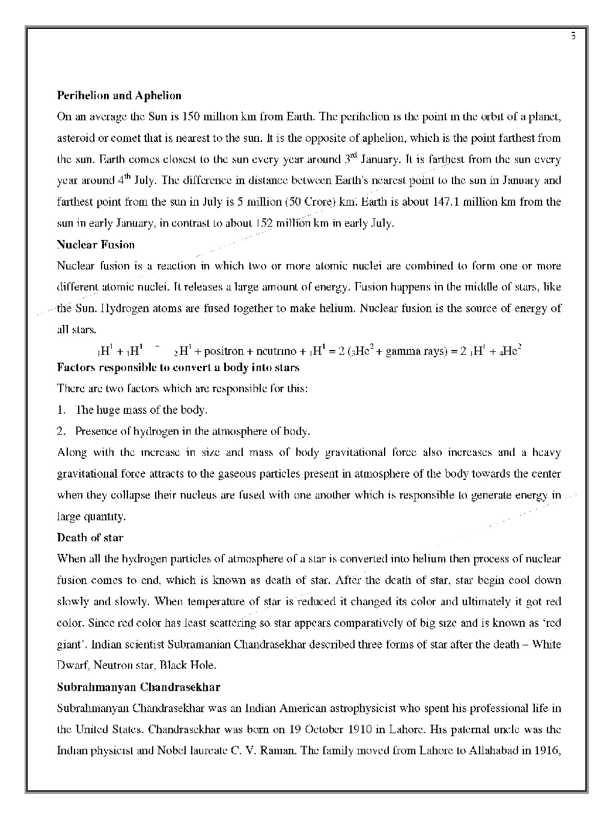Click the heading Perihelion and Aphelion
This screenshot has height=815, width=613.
coord(118,96)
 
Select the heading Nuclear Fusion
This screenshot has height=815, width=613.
coord(96,245)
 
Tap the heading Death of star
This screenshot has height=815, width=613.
coord(90,538)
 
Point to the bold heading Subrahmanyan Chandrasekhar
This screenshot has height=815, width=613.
coord(138,687)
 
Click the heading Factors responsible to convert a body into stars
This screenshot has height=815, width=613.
coord(178,368)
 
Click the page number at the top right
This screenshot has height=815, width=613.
coord(573,36)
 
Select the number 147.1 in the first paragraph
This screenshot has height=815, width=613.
coord(446,202)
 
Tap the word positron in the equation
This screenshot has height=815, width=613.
coord(223,351)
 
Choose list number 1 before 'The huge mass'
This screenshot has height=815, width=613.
coord(61,410)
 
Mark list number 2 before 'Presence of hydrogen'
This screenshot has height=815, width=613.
coord(61,431)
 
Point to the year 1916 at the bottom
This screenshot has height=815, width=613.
coord(546,751)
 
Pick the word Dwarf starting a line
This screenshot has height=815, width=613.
coord(72,665)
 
